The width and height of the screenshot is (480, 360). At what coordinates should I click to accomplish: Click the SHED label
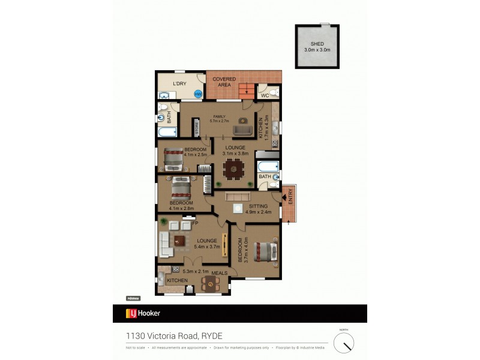pos(317,44)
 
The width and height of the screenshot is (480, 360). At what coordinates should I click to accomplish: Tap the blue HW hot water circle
pos(197,94)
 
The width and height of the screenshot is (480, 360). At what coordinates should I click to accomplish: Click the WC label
pos(264,95)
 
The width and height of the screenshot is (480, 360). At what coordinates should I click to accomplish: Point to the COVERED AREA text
pos(224,82)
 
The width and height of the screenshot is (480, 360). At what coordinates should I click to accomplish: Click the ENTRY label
pos(290,197)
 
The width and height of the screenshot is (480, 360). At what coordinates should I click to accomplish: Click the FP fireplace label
pos(194,224)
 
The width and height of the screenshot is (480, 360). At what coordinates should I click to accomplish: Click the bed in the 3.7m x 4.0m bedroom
pos(265,250)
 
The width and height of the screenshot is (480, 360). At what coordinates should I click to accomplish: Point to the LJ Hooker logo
pos(143,313)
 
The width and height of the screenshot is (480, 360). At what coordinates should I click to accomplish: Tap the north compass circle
pos(344,343)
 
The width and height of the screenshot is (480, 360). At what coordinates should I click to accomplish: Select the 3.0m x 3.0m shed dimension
pos(317,50)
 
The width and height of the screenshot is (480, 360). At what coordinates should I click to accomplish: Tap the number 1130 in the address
pos(134,336)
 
